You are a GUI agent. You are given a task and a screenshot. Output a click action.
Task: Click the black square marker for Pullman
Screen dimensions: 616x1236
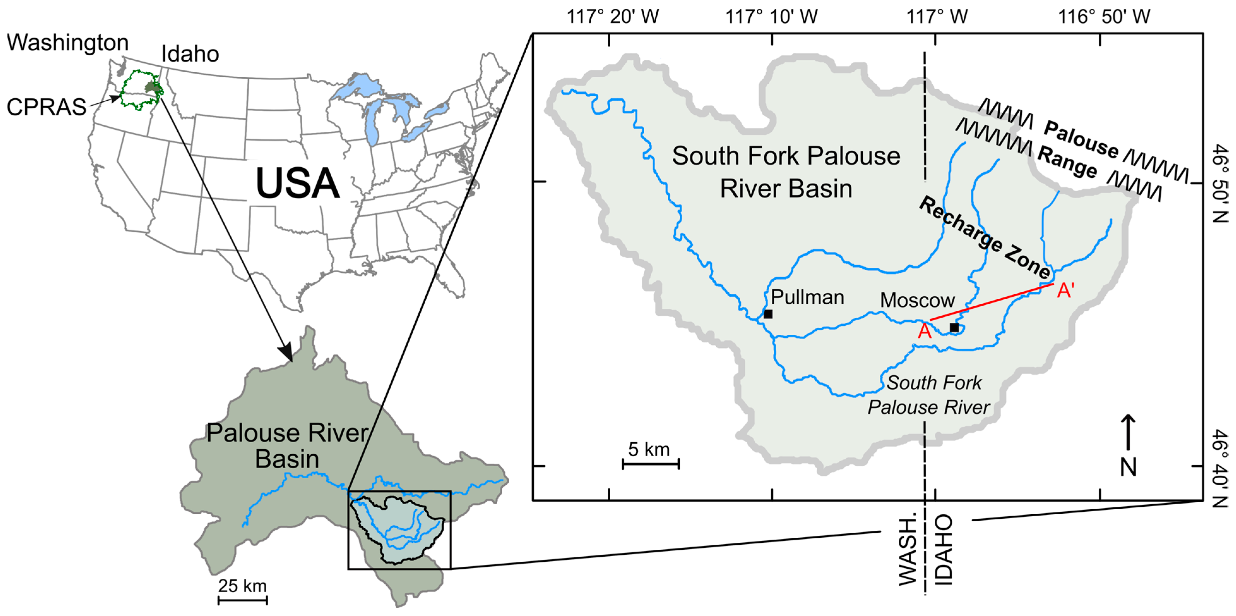pyautogui.click(x=768, y=314)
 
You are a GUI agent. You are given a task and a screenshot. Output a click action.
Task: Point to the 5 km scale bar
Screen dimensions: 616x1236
pyautogui.click(x=651, y=463)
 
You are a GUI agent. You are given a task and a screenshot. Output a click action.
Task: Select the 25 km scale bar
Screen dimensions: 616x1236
pyautogui.click(x=243, y=600)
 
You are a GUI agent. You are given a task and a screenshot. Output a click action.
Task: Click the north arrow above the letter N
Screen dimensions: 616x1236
pyautogui.click(x=1128, y=432)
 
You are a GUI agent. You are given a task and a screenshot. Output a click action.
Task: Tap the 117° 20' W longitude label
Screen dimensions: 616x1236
pyautogui.click(x=613, y=17)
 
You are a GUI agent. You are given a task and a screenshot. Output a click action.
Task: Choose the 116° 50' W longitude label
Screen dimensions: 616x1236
pyautogui.click(x=1104, y=17)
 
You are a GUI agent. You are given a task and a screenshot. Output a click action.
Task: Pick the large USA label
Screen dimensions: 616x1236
pyautogui.click(x=298, y=183)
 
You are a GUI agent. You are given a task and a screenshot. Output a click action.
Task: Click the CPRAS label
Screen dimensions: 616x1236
pyautogui.click(x=46, y=107)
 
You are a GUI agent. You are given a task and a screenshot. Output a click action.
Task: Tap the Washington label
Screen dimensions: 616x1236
pyautogui.click(x=68, y=43)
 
